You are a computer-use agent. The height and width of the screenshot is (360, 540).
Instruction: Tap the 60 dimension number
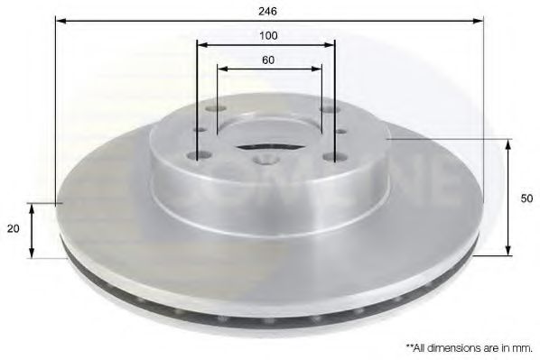tap(267, 60)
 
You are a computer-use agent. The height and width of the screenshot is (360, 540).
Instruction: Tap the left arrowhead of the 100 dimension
tap(201, 43)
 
